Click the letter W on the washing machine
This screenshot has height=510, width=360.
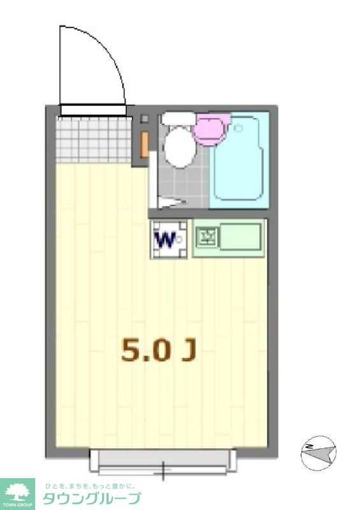[x=166, y=240]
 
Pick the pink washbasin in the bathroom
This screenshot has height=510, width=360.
[x=211, y=127]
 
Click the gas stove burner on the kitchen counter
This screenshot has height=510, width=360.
[x=206, y=239]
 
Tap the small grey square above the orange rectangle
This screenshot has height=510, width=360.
[x=145, y=119]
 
